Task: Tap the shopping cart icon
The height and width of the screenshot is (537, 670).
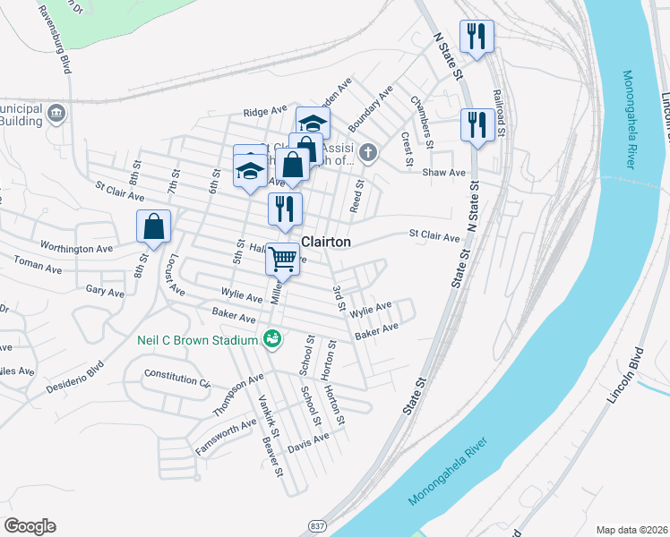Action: [283, 260]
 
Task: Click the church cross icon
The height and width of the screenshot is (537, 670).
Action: [366, 155]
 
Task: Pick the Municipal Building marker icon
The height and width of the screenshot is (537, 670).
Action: [57, 113]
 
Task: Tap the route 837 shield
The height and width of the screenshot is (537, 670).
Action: [318, 525]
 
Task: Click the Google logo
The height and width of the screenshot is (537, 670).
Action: [30, 525]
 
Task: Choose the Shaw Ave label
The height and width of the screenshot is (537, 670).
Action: [445, 172]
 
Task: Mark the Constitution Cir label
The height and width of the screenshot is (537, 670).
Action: [176, 376]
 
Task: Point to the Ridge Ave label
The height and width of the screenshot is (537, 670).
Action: [264, 113]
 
